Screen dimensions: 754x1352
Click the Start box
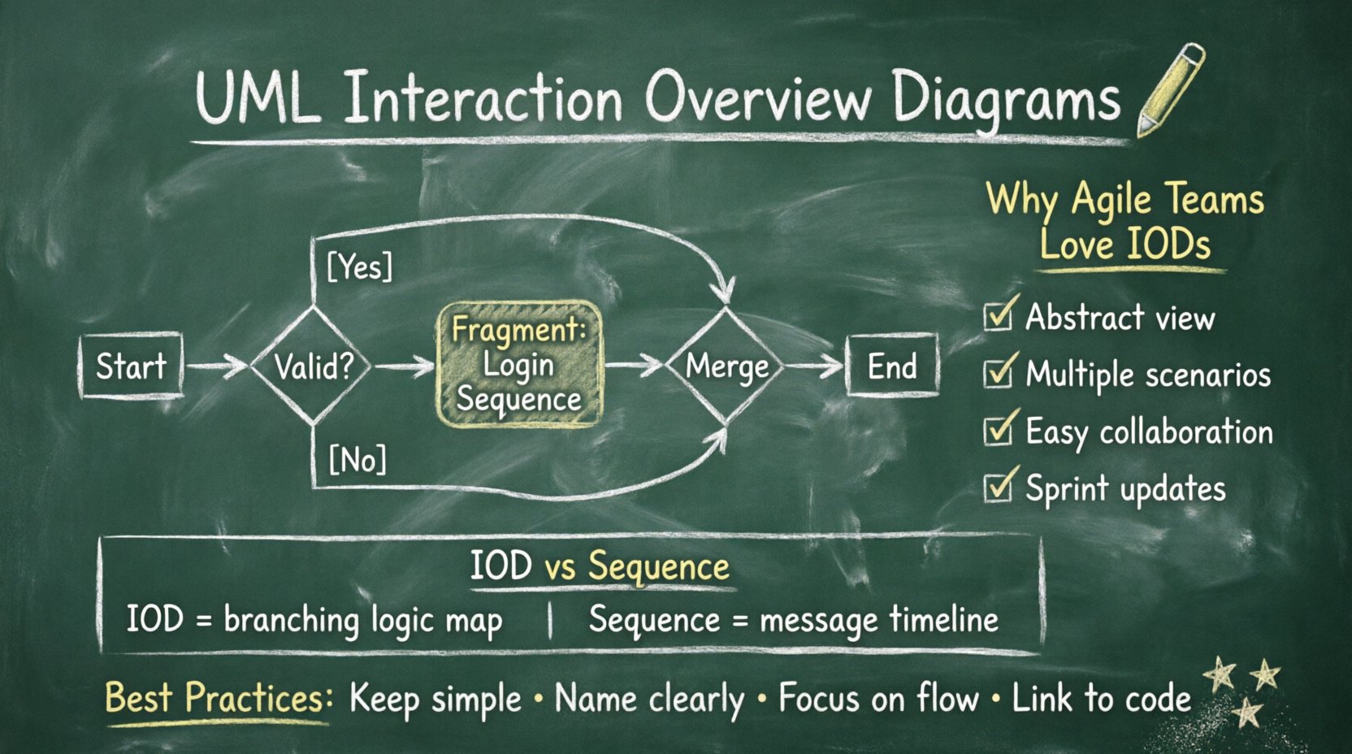131,366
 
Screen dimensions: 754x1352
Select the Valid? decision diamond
313,366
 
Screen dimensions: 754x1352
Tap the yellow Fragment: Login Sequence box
519,365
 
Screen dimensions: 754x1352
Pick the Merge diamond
726,366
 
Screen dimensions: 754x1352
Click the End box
892,366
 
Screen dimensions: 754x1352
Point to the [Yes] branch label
359,266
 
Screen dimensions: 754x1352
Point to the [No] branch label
357,460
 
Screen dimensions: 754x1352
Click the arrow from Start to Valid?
215,366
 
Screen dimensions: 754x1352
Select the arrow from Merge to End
815,366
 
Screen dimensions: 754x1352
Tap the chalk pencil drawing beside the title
1171,89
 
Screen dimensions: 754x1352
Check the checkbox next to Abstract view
997,315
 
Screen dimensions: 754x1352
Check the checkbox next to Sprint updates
997,487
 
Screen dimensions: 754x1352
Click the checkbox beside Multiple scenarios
997,372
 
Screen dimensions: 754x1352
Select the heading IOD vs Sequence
600,566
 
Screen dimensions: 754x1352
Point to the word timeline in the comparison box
943,620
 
